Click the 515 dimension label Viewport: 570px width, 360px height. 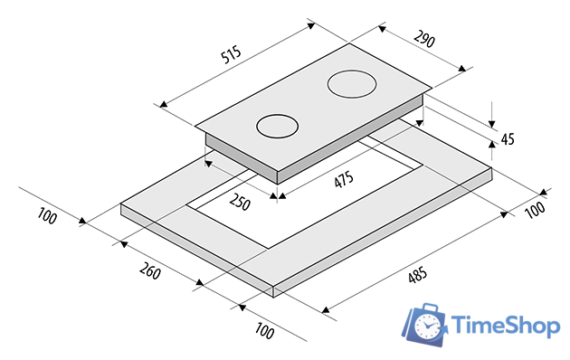coord(232,54)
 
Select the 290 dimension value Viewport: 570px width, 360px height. coord(424,39)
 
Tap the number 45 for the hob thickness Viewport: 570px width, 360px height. coord(508,139)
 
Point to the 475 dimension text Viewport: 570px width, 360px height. coord(344,179)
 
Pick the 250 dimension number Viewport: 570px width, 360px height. coord(240,202)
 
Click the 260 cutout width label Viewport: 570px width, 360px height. coord(150,270)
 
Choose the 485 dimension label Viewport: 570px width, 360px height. coord(418,275)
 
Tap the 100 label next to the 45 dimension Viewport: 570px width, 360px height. coord(536,210)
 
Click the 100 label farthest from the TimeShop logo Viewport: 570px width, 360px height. coord(47,216)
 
